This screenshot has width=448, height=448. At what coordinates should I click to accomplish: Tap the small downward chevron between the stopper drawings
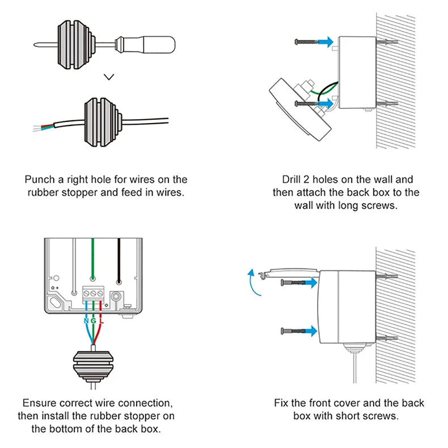(x=110, y=75)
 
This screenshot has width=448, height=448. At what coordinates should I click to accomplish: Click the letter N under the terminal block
(x=84, y=322)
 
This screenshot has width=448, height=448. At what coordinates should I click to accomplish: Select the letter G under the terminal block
(x=93, y=322)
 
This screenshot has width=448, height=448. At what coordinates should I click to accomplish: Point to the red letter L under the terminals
(x=102, y=322)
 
